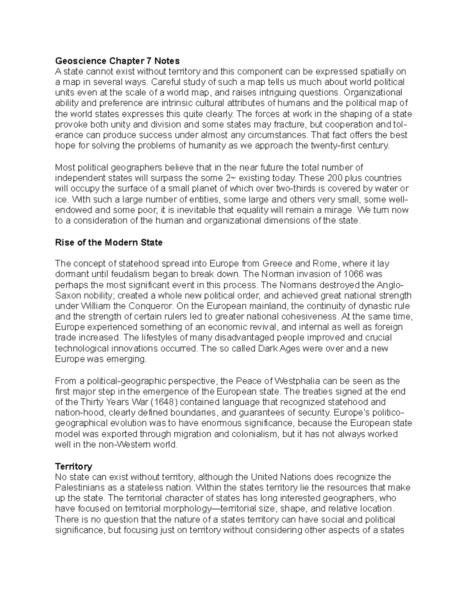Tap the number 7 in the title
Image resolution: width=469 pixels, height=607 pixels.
point(148,61)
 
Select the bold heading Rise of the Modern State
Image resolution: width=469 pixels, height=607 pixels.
point(109,243)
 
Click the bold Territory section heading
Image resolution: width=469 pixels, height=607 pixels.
point(73,467)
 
